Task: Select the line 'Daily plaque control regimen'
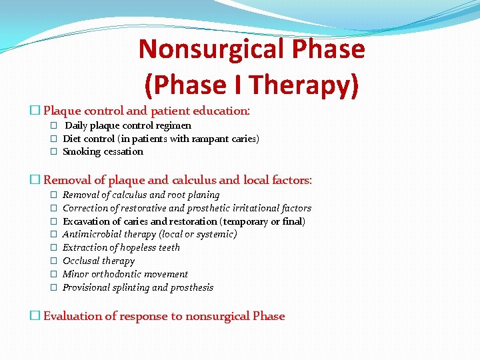(127, 125)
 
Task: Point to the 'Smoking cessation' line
(103, 151)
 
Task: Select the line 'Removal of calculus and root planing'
(141, 195)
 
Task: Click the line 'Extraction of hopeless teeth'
(121, 247)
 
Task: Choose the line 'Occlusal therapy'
(98, 261)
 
